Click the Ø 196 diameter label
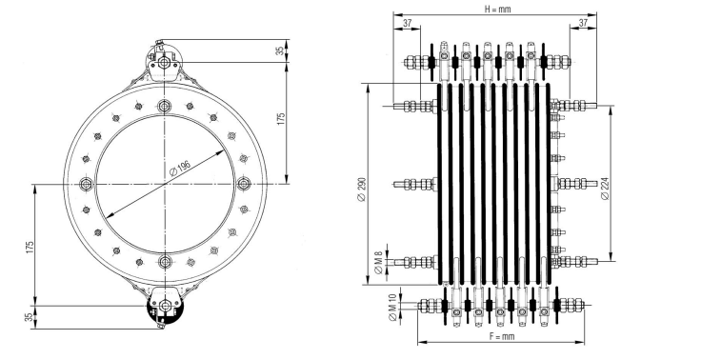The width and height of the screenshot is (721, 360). [x=180, y=169]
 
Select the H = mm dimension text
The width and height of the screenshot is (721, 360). [x=498, y=9]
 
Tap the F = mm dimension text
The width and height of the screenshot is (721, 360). [x=502, y=336]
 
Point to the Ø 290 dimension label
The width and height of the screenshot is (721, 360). [x=361, y=190]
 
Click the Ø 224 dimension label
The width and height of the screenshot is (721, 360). [x=605, y=188]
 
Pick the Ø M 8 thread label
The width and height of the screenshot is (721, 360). [x=378, y=263]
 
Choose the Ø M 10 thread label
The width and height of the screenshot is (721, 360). [x=392, y=307]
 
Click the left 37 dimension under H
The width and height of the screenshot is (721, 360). [x=408, y=23]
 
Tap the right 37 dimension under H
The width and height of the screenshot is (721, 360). [x=583, y=23]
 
